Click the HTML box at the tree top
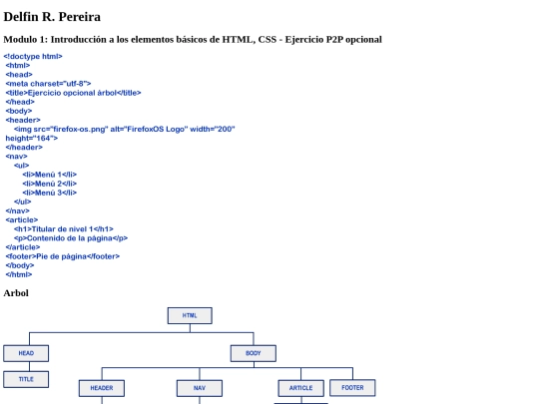[190, 315]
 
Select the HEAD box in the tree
[26, 353]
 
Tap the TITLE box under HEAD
[26, 379]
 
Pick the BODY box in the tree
[254, 353]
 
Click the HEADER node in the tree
[102, 388]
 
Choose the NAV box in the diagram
[200, 388]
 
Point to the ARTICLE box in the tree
[300, 388]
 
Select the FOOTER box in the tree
[352, 388]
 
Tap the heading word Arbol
[16, 293]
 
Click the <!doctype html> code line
[33, 56]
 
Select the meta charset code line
[49, 84]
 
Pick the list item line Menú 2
[50, 184]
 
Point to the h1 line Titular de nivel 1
[64, 229]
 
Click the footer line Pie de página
[63, 256]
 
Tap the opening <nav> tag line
[17, 157]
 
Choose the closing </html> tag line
[19, 274]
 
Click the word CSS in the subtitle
[268, 40]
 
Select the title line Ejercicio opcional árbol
[73, 93]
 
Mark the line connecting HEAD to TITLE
[30, 366]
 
